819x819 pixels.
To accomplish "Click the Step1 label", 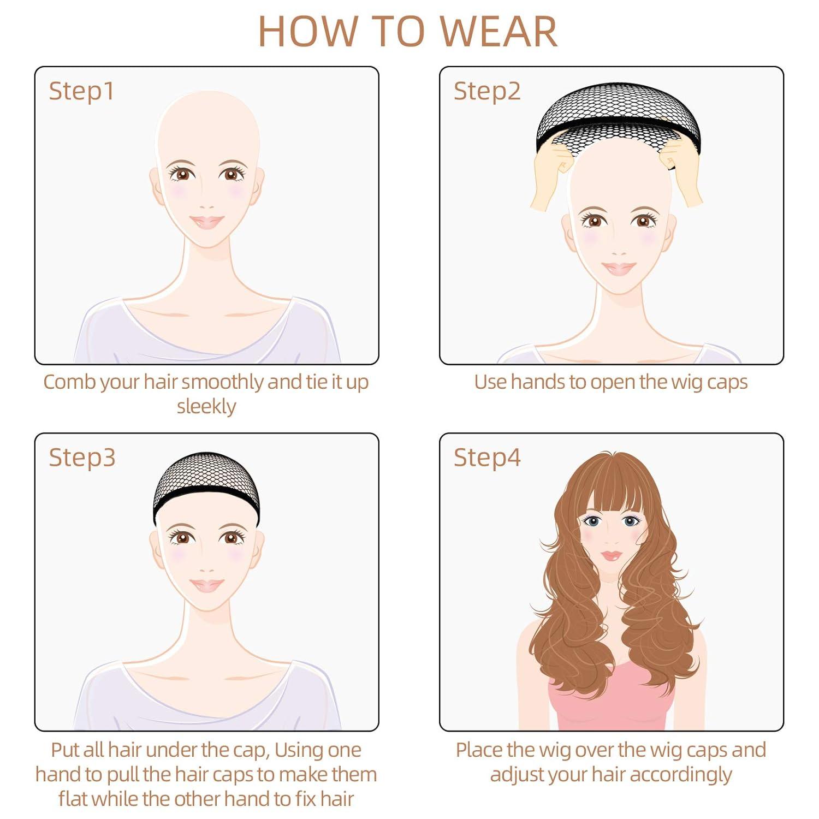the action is pyautogui.click(x=81, y=91).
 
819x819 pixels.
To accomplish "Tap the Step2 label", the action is pyautogui.click(x=487, y=91).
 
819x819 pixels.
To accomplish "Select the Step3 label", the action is pyautogui.click(x=82, y=457).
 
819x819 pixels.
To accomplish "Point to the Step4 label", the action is pyautogui.click(x=487, y=457).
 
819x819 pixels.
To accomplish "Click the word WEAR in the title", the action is pyautogui.click(x=499, y=32).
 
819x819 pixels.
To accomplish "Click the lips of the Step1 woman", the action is pyautogui.click(x=207, y=222).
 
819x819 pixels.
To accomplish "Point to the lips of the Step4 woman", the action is pyautogui.click(x=612, y=556).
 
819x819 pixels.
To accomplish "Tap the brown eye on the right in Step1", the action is pyautogui.click(x=232, y=174).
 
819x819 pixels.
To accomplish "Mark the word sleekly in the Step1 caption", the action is pyautogui.click(x=206, y=407).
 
